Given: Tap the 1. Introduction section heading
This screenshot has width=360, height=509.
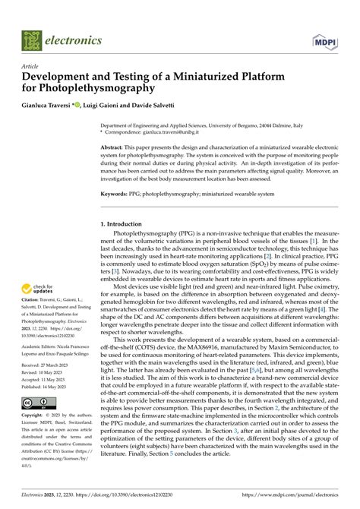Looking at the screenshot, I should tap(127, 225).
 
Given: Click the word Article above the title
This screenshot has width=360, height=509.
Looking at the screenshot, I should tap(30, 66).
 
